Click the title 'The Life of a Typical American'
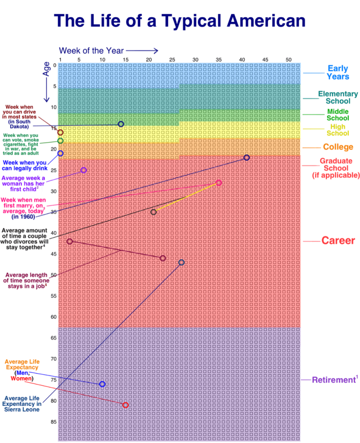tap(180, 21)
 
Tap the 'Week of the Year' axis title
tap(91, 51)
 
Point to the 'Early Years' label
tap(337, 73)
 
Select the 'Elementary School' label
tap(334, 98)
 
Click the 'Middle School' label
tap(337, 115)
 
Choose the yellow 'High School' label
tap(337, 130)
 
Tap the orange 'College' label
tap(338, 147)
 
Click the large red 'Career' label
tap(338, 241)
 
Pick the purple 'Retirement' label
tap(335, 380)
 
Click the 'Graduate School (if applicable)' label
tap(336, 168)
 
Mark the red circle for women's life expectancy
tap(125, 405)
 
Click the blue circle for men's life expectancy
tap(102, 384)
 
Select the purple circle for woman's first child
tap(83, 170)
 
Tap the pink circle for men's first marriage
tap(218, 182)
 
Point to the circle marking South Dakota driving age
tap(121, 124)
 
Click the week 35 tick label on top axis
tap(218, 60)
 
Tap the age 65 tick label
tap(54, 338)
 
